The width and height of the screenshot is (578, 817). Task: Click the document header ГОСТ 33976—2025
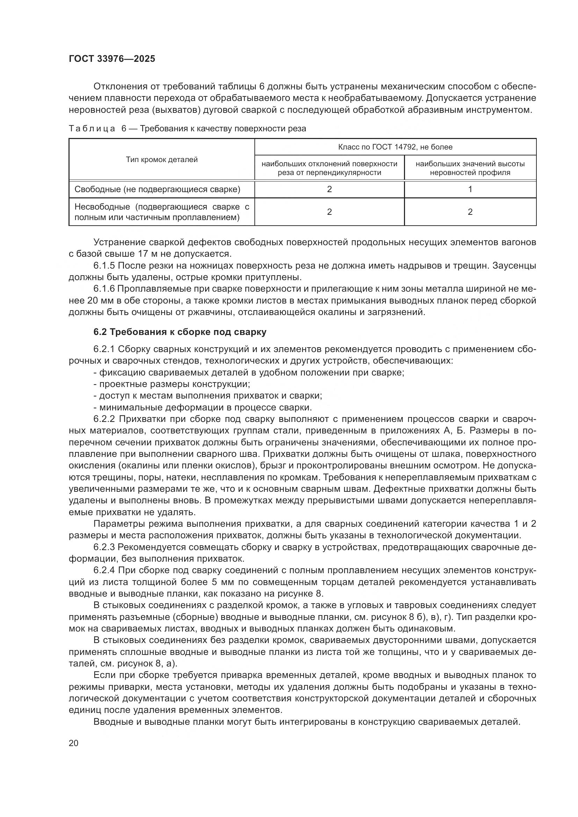point(112,59)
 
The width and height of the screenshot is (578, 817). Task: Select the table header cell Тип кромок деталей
point(161,160)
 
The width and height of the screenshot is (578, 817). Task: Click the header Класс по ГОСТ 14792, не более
point(395,147)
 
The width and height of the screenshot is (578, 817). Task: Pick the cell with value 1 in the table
point(470,189)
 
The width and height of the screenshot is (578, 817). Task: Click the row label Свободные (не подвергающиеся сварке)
point(157,189)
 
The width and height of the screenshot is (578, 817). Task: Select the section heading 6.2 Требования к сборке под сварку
point(180,332)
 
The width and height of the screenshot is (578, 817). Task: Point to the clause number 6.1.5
point(104,266)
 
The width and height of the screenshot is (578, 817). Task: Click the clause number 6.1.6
point(104,289)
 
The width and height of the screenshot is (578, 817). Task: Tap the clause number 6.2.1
point(104,349)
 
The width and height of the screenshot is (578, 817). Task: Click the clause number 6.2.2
point(104,419)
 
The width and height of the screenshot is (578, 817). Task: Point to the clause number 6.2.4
point(104,570)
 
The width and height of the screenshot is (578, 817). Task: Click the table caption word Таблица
point(92,129)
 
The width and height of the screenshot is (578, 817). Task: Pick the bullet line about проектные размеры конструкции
point(172,384)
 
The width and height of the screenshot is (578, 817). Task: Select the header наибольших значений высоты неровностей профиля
point(470,168)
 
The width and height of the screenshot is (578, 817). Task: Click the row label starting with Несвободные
point(161,212)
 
